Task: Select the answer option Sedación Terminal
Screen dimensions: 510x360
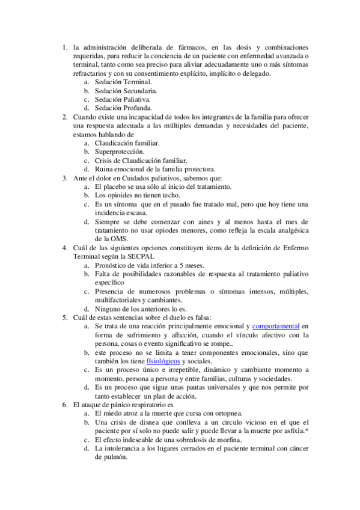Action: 123,81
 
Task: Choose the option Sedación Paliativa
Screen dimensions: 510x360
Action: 123,99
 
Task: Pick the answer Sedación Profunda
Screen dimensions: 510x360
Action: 123,108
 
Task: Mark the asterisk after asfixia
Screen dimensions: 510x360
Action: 307,432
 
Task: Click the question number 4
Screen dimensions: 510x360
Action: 65,247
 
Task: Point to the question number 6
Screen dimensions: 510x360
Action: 65,405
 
